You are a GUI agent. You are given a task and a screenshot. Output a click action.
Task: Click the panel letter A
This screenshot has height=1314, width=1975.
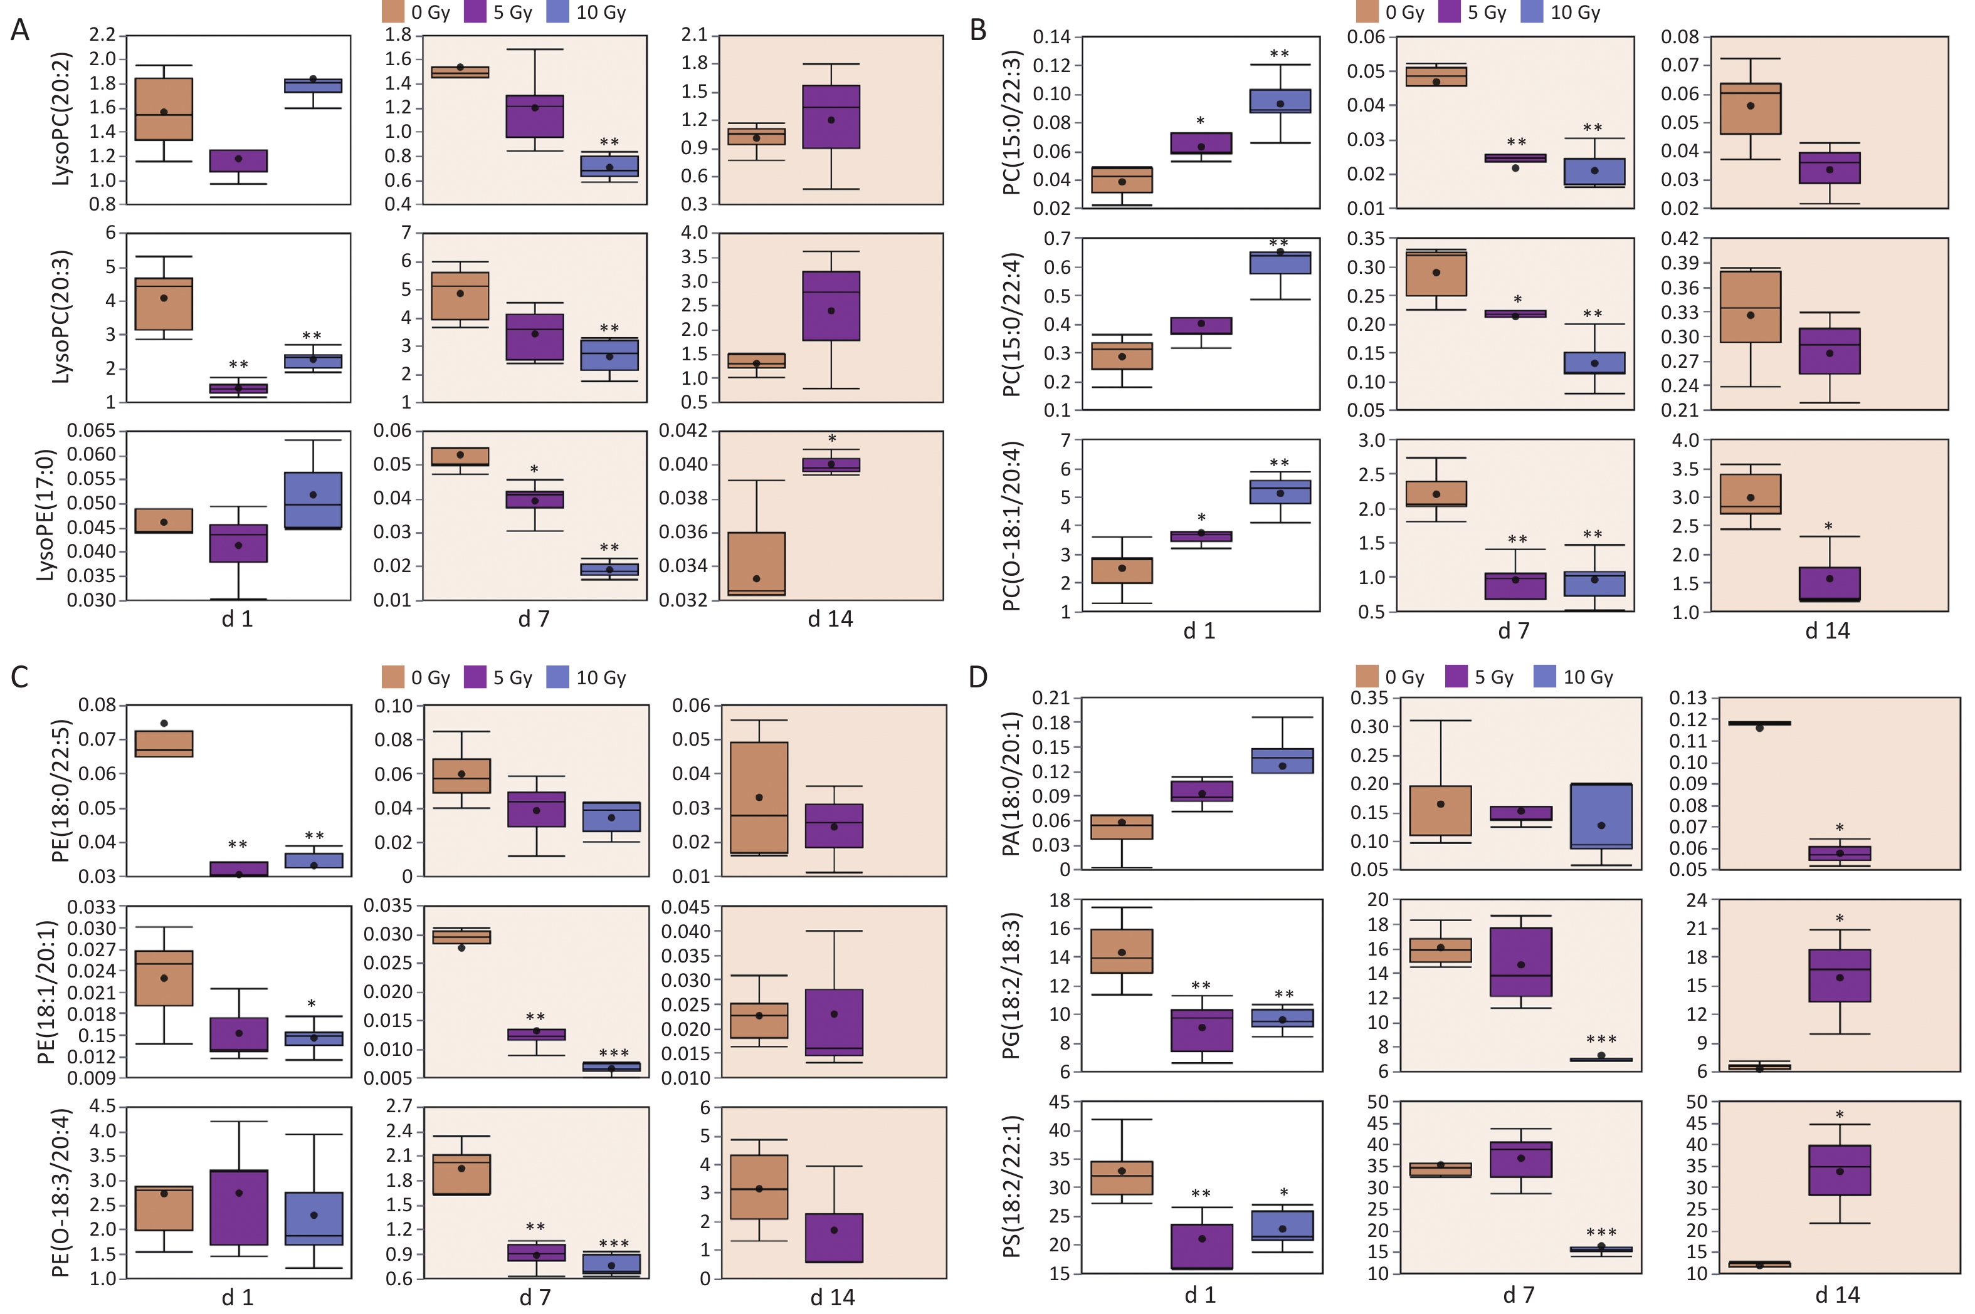point(19,31)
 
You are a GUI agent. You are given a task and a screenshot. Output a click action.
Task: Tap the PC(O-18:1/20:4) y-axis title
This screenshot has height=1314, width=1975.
point(1012,526)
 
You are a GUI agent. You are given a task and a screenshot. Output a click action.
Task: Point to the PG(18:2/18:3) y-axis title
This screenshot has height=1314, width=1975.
point(1012,986)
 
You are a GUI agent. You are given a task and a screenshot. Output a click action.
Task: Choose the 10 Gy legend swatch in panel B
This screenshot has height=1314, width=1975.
point(1532,12)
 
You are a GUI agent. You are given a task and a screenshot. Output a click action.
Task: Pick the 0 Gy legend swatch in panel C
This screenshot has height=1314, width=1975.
point(393,677)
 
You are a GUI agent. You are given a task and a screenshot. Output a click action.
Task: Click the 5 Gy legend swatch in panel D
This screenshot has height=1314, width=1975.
point(1457,676)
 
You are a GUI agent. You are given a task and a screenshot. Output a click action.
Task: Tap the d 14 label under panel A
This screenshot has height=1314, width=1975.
point(830,619)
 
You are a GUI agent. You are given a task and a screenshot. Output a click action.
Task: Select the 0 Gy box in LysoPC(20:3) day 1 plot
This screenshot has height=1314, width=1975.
point(164,304)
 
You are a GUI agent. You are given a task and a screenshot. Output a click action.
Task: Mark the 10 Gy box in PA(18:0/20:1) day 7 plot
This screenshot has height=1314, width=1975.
point(1601,816)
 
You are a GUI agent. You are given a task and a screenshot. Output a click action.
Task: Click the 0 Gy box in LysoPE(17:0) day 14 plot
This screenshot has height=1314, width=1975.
point(757,564)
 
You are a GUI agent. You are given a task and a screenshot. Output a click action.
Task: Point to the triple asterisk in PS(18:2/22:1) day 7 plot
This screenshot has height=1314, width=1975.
point(1601,1233)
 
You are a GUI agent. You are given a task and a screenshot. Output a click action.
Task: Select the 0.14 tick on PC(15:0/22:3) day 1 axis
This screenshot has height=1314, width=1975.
point(1051,37)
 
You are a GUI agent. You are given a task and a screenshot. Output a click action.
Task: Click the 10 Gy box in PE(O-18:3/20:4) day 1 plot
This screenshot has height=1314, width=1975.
point(313,1219)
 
